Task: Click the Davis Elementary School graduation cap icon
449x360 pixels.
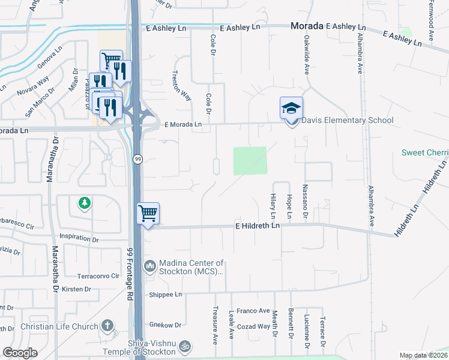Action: (291, 109)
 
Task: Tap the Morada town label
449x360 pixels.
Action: (306, 26)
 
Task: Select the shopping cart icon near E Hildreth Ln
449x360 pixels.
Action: (148, 213)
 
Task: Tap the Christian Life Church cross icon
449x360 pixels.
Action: (107, 326)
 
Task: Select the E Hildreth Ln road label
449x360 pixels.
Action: (257, 226)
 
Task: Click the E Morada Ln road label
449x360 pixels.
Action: (183, 124)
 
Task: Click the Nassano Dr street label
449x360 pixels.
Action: (306, 202)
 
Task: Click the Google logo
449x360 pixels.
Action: (20, 352)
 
